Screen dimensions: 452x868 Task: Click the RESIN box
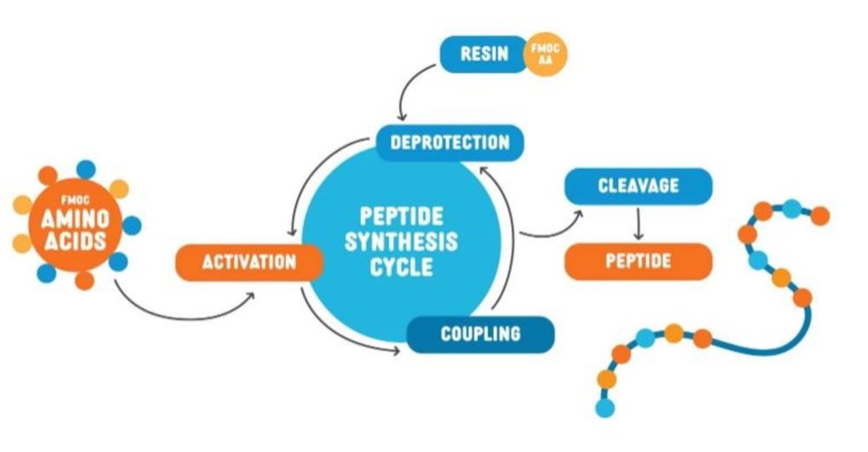[484, 55]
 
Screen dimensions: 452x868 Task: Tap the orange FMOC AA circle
[548, 55]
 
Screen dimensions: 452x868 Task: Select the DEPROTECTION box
[450, 142]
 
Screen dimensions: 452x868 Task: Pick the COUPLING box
[480, 333]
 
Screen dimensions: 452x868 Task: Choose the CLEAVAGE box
[638, 185]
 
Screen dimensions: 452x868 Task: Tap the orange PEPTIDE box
[638, 260]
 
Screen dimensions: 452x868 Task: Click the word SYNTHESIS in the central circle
[401, 240]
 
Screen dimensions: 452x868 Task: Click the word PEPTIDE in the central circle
[401, 215]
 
